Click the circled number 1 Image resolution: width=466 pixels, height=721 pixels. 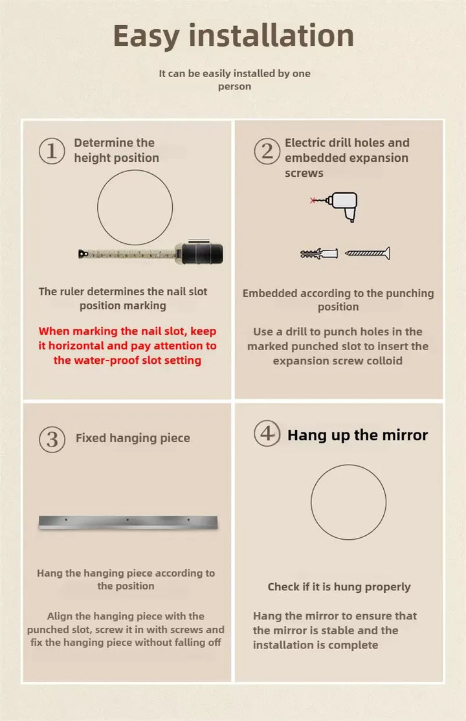tap(52, 151)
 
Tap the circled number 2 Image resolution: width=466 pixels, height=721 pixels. tap(267, 151)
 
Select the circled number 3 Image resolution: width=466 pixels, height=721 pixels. tap(52, 439)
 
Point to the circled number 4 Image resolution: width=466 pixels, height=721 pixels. tap(267, 433)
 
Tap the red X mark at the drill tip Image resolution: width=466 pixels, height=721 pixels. tap(313, 201)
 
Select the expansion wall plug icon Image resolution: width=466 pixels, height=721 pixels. tap(319, 253)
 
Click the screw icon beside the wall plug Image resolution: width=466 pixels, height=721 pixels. tap(368, 253)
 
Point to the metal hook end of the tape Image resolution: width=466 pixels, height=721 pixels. tap(83, 253)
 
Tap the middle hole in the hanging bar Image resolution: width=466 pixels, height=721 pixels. tap(128, 520)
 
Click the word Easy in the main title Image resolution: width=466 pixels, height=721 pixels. tap(146, 36)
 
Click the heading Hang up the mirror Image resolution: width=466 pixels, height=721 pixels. tap(357, 435)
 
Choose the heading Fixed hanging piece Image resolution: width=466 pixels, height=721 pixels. tap(133, 438)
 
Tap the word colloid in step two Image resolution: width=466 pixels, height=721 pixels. tap(384, 360)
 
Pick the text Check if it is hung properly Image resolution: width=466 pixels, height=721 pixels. tap(339, 587)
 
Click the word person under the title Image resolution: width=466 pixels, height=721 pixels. tap(234, 87)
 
